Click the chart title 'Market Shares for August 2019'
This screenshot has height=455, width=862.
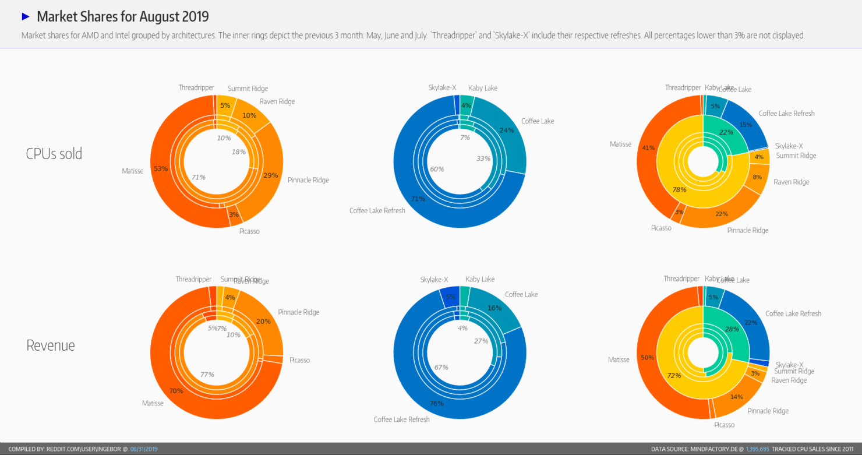pos(122,16)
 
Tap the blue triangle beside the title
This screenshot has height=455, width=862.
pos(26,16)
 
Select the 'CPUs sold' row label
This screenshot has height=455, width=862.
pos(54,154)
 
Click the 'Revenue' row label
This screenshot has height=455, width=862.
pos(51,345)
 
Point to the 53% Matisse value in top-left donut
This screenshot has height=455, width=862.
pos(161,169)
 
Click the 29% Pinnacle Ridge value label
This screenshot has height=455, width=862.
pos(270,175)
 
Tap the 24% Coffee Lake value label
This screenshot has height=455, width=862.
pos(507,130)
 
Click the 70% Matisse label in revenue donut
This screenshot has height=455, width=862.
pos(176,391)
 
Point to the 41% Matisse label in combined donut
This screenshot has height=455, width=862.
pos(648,148)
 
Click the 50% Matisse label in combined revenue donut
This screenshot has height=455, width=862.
pos(647,358)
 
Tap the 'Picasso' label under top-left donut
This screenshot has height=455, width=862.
pos(249,231)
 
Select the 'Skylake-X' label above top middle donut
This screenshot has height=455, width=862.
pos(441,88)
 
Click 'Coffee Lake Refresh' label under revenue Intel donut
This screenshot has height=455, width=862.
pos(401,419)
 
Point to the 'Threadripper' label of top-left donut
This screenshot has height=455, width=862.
pos(196,88)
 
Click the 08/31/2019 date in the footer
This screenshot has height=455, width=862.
pos(143,449)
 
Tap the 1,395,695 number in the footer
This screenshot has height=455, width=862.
pos(757,449)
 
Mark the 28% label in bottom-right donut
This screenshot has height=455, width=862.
pos(732,329)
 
